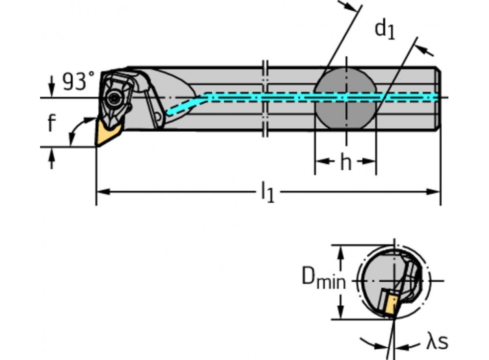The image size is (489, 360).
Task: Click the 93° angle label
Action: pos(78,82)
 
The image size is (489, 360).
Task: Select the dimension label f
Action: pos(52,124)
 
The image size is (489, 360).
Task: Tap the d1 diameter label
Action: pos(384,30)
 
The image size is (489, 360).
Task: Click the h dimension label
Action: pos(346,163)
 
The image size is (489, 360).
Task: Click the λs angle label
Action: pos(437,342)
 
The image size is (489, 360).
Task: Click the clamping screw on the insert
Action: pos(115,98)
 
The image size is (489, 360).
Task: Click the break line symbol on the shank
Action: pos(265,98)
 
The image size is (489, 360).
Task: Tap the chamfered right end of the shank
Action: pos(438,98)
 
